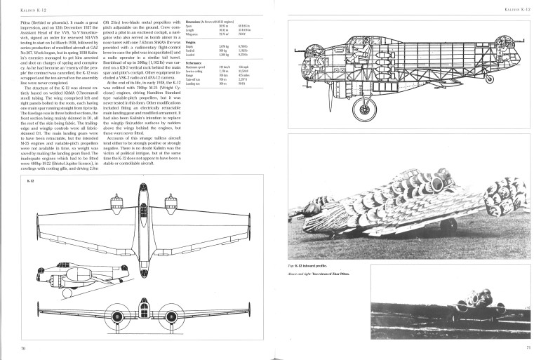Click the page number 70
(23, 348)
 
